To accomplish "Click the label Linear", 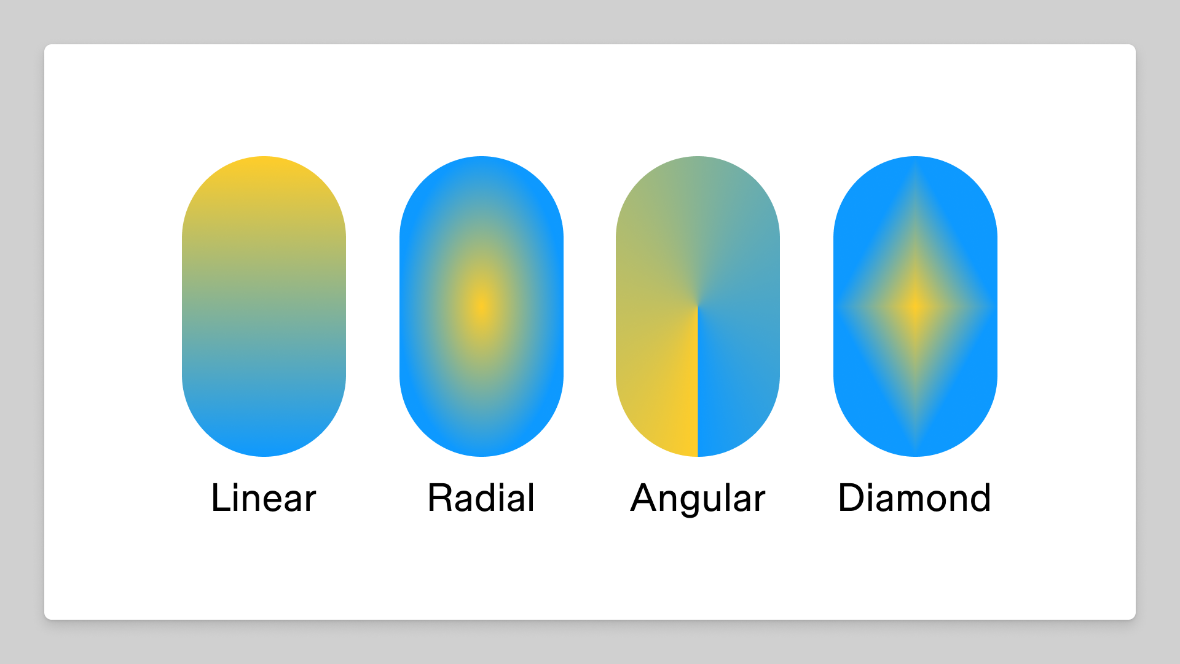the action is coord(263,497).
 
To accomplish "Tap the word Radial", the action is coord(481,497).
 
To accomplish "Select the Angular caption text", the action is coord(698,499).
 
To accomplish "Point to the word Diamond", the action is coord(914,497).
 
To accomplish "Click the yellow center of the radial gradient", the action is coord(481,306).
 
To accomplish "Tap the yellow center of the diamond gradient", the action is coord(915,306).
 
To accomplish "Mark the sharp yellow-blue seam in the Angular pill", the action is coord(698,381).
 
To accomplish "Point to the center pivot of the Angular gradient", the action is coord(698,306).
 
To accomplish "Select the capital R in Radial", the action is coord(441,497).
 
